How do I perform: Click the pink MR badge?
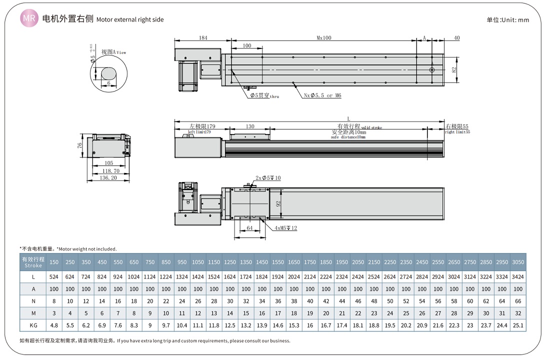pos(29,19)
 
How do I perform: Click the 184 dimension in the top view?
pos(203,37)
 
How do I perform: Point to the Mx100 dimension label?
pos(324,37)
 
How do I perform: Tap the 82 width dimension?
pos(454,70)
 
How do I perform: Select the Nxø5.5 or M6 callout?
pos(322,95)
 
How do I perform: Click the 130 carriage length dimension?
pos(250,126)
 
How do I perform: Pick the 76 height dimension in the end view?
pos(80,145)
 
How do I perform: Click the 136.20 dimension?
pos(108,177)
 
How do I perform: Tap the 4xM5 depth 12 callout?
pos(285,228)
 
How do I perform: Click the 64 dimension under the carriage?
pos(250,228)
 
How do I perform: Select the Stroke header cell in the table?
pos(33,262)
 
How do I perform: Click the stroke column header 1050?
pos(198,262)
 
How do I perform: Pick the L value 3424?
pos(518,276)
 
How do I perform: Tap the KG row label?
pos(33,325)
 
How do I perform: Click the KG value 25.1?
pos(518,325)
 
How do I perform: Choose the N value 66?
pos(518,301)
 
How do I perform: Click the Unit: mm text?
pos(507,20)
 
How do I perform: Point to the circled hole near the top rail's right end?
pos(432,69)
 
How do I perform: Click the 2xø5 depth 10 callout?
pos(268,178)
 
